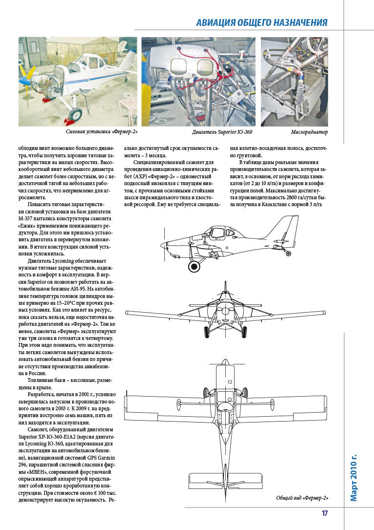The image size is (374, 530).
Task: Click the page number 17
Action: [324, 513]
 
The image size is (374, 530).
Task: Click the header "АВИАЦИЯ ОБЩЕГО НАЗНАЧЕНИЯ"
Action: [261, 22]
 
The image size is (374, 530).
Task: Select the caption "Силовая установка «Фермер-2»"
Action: [101, 132]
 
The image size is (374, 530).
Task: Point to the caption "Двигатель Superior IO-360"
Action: [222, 132]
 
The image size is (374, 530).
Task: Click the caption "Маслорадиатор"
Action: [309, 132]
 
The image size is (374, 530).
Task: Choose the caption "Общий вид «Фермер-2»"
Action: [302, 498]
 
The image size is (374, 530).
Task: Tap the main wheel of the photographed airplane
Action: [75, 115]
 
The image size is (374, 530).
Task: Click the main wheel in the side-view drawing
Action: [196, 266]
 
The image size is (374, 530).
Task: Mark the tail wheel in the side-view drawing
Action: [289, 254]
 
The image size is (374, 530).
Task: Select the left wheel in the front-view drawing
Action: [206, 332]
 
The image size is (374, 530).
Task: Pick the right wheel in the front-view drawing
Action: [244, 332]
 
